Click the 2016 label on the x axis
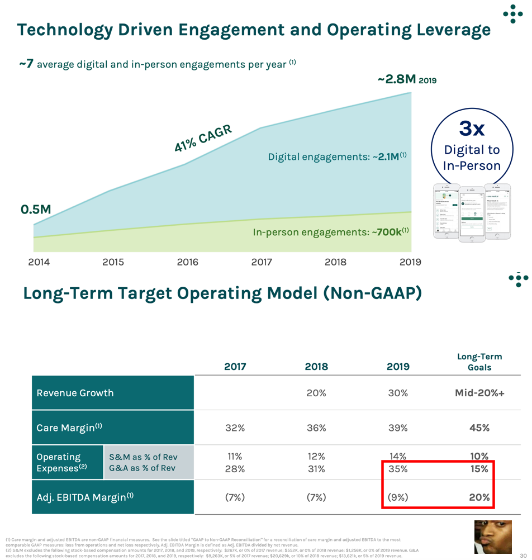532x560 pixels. (188, 262)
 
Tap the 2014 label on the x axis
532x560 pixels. (39, 262)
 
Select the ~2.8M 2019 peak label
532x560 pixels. (407, 79)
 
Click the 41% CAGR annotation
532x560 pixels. (203, 138)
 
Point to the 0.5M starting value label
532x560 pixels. (36, 210)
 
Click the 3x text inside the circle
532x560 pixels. (472, 129)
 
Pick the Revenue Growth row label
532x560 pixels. (75, 393)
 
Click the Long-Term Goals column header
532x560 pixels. (479, 362)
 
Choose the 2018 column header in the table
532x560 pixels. (316, 367)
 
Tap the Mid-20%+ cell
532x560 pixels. (479, 393)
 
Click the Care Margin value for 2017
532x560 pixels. (235, 428)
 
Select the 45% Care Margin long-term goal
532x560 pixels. (479, 428)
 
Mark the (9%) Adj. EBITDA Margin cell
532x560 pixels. (398, 497)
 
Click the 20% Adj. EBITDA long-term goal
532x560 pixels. (479, 497)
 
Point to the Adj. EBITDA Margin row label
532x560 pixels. (85, 497)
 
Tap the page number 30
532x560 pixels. (523, 548)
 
